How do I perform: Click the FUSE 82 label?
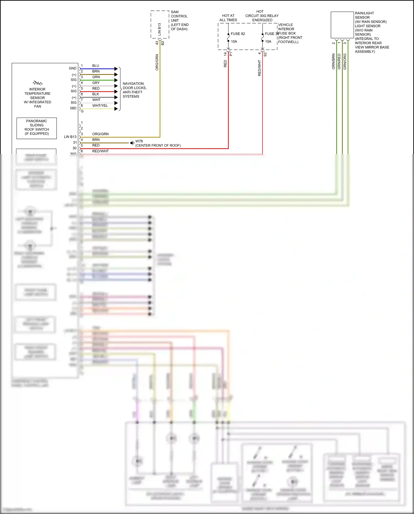coord(238,34)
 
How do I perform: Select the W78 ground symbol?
coord(132,143)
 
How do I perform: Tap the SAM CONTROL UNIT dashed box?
coord(160,25)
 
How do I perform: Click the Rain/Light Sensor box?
coord(342,25)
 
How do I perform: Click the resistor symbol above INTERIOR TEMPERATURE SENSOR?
coord(38,83)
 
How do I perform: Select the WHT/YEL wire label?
coord(100,106)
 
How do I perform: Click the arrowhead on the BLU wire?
coord(116,69)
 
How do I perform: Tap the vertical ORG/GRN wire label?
coord(157,62)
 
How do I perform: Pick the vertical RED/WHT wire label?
coord(259,68)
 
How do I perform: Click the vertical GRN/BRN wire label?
coord(333,61)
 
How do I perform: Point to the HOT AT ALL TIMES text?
coord(228,18)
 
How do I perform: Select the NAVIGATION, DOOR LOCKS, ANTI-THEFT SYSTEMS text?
coord(134,90)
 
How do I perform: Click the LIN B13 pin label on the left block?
coord(70,137)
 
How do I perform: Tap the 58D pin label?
coord(73,108)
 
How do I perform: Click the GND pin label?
coord(73,68)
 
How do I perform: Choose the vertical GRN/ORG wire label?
coord(345,61)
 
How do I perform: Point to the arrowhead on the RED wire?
coord(116,91)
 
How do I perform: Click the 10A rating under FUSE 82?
coord(234,41)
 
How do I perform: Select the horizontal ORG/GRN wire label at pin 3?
coord(100,134)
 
